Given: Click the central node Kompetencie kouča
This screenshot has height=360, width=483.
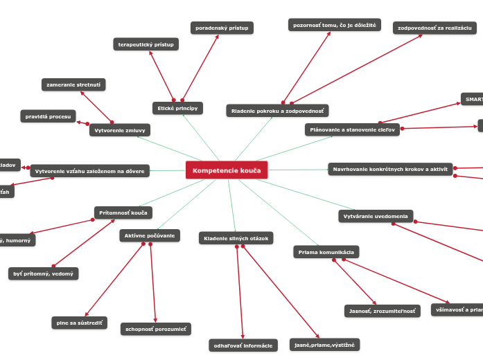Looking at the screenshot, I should tap(227, 170).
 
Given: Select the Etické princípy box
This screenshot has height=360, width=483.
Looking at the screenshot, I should tap(177, 108).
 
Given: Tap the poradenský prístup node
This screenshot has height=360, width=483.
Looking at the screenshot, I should tap(222, 28).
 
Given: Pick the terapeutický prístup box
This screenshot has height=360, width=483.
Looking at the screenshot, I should tap(146, 44).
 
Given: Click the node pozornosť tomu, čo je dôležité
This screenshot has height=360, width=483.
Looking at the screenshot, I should tap(334, 25).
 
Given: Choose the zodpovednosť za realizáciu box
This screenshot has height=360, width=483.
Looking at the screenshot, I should tap(434, 28).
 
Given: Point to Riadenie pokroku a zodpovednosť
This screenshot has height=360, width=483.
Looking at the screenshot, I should tap(277, 111).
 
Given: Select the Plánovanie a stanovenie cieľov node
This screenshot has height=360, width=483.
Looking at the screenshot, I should tap(352, 129).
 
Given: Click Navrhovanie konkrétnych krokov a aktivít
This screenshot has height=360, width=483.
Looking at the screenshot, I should tap(390, 169).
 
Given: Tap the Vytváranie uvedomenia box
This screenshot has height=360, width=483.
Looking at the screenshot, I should tap(376, 216).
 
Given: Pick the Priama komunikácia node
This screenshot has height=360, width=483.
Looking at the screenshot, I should tap(326, 252).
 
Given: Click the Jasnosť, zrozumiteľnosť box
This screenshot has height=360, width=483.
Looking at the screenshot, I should tap(383, 311).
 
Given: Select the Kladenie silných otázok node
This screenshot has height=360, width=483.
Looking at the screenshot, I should tap(236, 238).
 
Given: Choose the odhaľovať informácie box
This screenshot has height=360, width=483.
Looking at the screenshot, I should tap(243, 345).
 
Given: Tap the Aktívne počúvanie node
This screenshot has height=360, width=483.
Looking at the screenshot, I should tap(150, 236).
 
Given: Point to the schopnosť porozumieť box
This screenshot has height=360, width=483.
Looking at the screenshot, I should tap(155, 329).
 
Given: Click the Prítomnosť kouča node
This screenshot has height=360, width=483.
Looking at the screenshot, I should tap(123, 213).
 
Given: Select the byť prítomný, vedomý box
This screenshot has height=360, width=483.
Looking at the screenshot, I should tap(43, 273).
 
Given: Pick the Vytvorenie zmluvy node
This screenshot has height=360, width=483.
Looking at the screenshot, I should tap(120, 129).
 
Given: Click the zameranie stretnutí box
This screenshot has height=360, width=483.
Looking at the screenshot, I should tap(73, 84).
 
